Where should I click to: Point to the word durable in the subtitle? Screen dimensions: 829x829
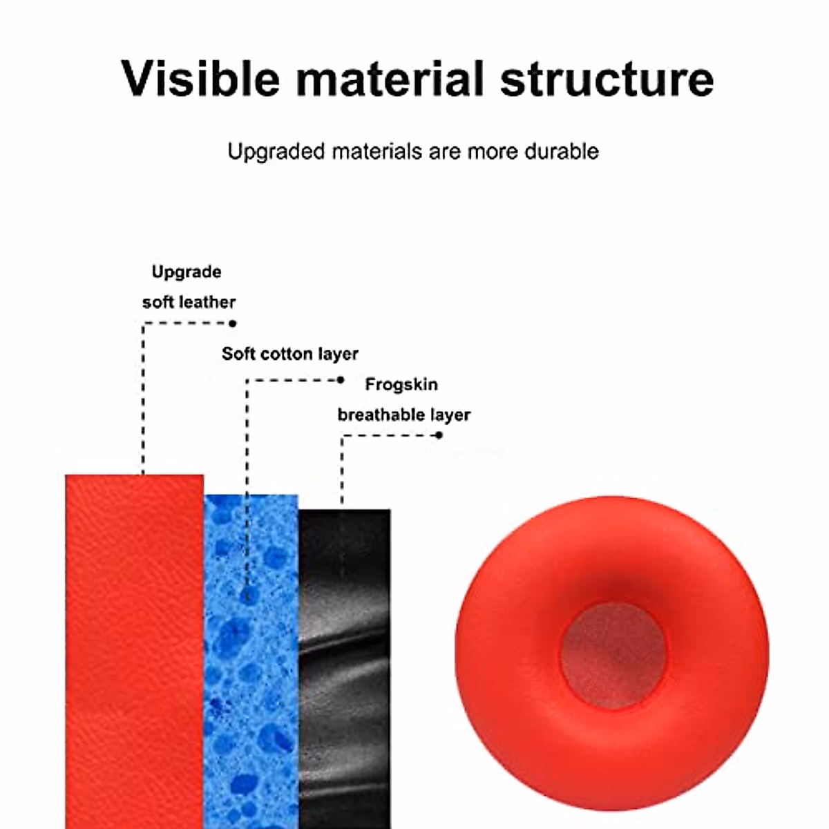pyautogui.click(x=561, y=151)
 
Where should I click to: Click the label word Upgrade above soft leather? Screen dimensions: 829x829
pyautogui.click(x=187, y=271)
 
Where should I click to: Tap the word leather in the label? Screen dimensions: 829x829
pyautogui.click(x=207, y=302)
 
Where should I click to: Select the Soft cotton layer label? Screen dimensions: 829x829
pyautogui.click(x=290, y=354)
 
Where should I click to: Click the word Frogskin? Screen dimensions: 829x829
pyautogui.click(x=401, y=384)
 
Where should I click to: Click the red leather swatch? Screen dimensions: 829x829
pyautogui.click(x=135, y=649)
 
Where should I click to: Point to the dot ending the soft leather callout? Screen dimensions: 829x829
pyautogui.click(x=233, y=323)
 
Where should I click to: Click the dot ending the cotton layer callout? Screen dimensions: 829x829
pyautogui.click(x=341, y=380)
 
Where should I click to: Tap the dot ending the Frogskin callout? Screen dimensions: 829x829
pyautogui.click(x=439, y=435)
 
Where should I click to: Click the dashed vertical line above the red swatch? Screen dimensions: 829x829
pyautogui.click(x=143, y=401)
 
